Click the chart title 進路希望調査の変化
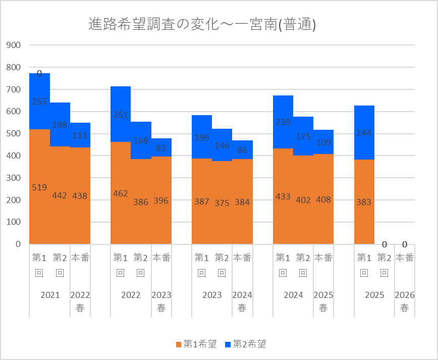pos(202,24)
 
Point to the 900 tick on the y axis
pos(14,45)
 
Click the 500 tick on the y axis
pos(14,134)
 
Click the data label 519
pos(39,188)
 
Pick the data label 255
pos(39,101)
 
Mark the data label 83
pos(161,148)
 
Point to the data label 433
pos(283,196)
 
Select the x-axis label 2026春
pos(405,301)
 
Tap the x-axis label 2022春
pos(80,301)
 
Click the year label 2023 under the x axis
pos(212,295)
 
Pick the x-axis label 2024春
pos(242,301)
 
